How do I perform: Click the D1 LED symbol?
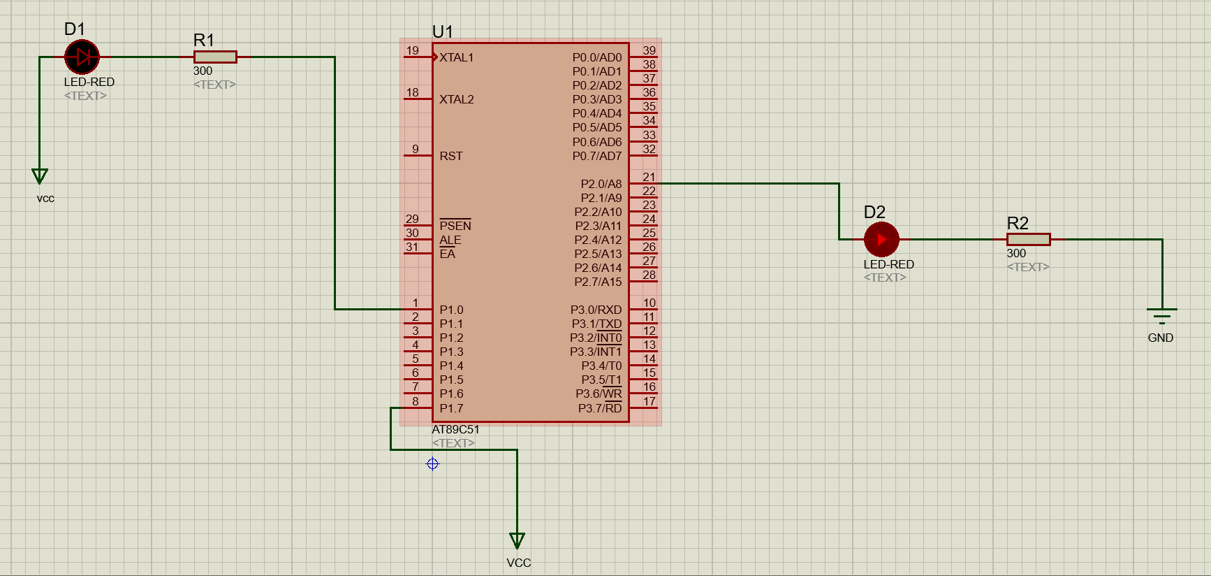click(82, 57)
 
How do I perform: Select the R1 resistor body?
click(215, 57)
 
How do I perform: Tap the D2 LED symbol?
click(881, 240)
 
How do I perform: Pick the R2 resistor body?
click(1029, 240)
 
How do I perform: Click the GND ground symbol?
click(1162, 317)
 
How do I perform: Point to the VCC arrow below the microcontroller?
click(518, 540)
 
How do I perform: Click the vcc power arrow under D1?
click(40, 175)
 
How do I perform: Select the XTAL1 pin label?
click(457, 57)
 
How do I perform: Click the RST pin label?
click(451, 156)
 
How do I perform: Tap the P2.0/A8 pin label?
click(601, 184)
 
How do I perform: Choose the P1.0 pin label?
click(451, 310)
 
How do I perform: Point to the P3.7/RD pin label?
click(600, 408)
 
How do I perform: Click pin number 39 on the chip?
click(649, 50)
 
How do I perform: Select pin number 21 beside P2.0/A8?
click(649, 177)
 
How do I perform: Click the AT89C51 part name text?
click(456, 429)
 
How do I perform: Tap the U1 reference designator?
click(443, 31)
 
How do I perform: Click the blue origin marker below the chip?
click(433, 464)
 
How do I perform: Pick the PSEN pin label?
click(455, 225)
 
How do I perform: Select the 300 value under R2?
click(1016, 253)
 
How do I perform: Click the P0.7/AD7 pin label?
click(597, 156)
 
